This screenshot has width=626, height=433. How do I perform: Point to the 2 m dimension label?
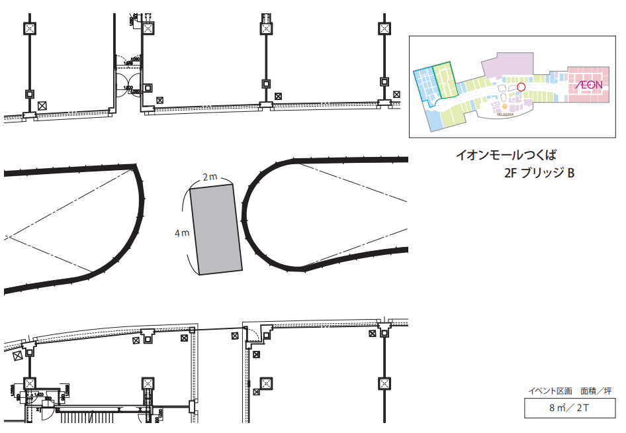tap(210, 177)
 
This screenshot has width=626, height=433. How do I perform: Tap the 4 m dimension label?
tap(182, 233)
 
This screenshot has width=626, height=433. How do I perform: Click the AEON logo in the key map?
tap(588, 85)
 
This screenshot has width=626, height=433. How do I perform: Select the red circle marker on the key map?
tap(520, 86)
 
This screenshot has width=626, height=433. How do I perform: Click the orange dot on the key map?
tap(504, 106)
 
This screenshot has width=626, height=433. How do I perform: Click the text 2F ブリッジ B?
tap(537, 174)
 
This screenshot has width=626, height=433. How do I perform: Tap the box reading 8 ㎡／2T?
tap(569, 408)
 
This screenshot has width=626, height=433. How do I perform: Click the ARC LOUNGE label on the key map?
tap(506, 114)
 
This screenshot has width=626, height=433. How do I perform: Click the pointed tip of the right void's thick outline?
tap(303, 269)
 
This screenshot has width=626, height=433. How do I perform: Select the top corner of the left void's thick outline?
tap(136, 166)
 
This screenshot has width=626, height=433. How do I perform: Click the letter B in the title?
tap(570, 174)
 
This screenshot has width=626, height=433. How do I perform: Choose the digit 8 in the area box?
tap(552, 409)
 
